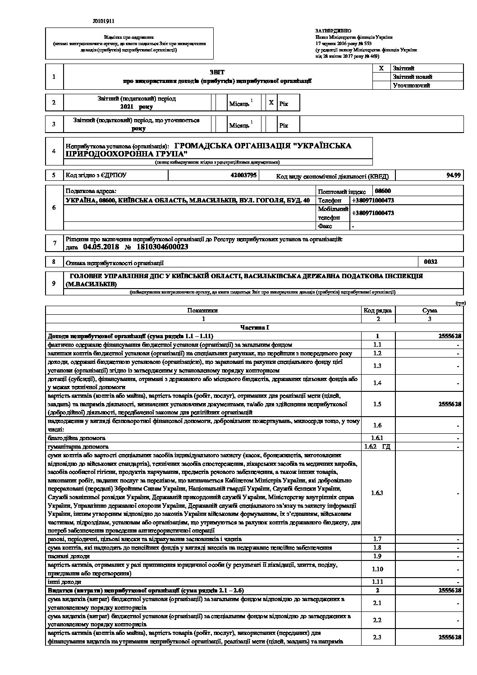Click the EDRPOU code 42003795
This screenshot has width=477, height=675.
[243, 175]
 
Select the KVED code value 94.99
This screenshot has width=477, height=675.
[454, 175]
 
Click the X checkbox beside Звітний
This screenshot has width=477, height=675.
[381, 68]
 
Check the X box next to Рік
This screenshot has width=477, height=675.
[271, 103]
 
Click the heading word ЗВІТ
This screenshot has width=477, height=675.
[217, 72]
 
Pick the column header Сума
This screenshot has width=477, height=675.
[429, 310]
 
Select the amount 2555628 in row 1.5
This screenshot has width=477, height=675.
[449, 404]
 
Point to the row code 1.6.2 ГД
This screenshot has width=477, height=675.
[377, 446]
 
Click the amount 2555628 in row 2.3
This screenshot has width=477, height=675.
[449, 637]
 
